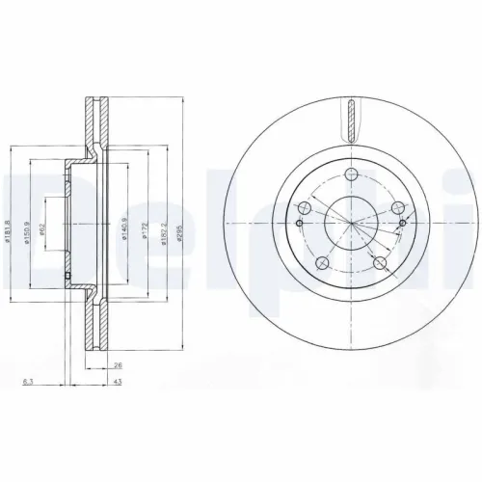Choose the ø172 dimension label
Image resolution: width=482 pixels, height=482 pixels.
click(x=146, y=232)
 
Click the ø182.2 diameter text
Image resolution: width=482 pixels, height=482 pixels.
click(x=165, y=232)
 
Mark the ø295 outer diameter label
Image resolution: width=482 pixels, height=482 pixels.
click(x=181, y=232)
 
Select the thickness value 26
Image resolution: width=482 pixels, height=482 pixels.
click(x=118, y=365)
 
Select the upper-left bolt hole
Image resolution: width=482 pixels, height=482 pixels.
click(x=306, y=207)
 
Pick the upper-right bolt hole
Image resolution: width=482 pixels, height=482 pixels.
click(x=399, y=206)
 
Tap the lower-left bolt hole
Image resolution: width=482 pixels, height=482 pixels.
click(x=323, y=262)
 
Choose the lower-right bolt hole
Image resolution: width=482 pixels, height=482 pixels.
click(x=381, y=262)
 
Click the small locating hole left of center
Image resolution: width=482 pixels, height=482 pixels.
click(x=298, y=224)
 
